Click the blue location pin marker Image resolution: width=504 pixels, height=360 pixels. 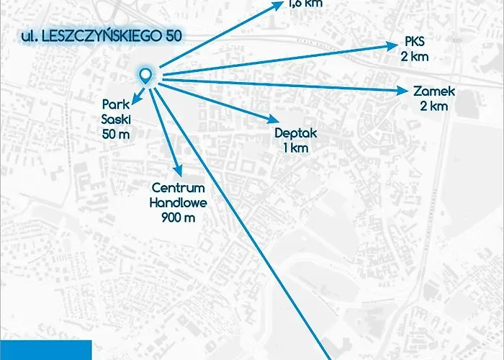click(145, 75)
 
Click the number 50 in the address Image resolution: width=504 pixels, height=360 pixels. click(172, 34)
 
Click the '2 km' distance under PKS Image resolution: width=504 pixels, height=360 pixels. click(415, 55)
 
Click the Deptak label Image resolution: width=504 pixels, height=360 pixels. click(296, 133)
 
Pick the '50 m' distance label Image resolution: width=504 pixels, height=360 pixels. click(115, 135)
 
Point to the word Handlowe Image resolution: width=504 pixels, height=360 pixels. click(178, 202)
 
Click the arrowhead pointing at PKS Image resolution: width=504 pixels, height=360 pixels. click(395, 46)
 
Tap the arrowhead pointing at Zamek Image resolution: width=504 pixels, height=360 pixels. click(403, 91)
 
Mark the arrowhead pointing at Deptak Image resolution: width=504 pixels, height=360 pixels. click(272, 120)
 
